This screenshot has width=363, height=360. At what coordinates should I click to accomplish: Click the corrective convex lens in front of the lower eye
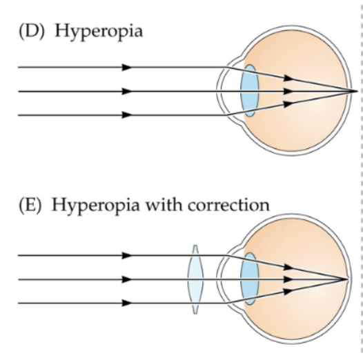(x=195, y=279)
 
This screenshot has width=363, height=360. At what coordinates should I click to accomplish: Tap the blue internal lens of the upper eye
(x=248, y=90)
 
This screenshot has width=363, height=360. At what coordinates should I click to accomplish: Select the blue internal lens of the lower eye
(x=248, y=279)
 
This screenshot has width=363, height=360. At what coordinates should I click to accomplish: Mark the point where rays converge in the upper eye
(x=357, y=91)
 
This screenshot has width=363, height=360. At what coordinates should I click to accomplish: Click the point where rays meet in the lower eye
(x=349, y=279)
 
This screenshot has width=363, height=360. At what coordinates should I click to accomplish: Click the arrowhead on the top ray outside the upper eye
(x=126, y=68)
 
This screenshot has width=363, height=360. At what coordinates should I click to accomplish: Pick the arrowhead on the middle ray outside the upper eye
(x=126, y=91)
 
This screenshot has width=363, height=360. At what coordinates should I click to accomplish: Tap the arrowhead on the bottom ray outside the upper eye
(x=126, y=115)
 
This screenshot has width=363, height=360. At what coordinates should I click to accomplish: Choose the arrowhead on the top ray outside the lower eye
(x=126, y=255)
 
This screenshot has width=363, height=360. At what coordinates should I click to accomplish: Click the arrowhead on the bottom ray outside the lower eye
(x=126, y=303)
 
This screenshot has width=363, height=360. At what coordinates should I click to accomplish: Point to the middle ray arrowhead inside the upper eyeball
(x=290, y=91)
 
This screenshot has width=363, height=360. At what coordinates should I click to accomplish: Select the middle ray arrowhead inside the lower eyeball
(x=290, y=279)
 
